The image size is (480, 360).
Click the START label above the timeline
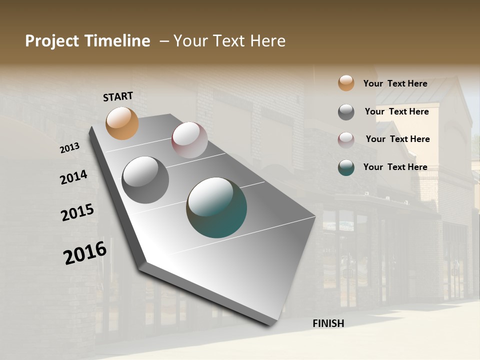tap(118, 96)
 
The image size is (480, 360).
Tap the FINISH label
tap(328, 323)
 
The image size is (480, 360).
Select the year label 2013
tap(70, 148)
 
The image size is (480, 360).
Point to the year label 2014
tap(73, 177)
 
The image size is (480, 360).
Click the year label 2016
tap(85, 253)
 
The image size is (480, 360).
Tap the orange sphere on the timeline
tap(122, 123)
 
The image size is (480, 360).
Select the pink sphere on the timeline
tap(189, 140)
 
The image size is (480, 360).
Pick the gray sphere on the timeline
tap(145, 180)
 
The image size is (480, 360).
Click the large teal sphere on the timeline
tap(216, 207)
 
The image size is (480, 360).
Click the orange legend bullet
tap(346, 83)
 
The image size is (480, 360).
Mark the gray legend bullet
tap(346, 112)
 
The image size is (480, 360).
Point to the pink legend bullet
tap(346, 140)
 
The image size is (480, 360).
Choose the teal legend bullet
tap(346, 167)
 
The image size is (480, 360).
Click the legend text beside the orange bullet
tap(395, 83)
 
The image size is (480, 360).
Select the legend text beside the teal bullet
tap(395, 167)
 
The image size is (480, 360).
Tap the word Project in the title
tap(51, 41)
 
